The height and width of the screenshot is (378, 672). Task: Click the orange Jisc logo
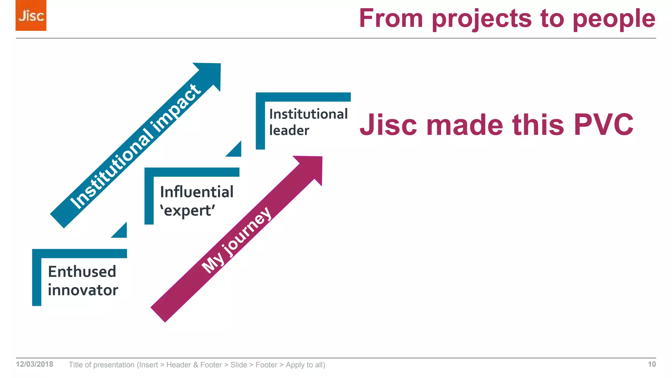tap(31, 15)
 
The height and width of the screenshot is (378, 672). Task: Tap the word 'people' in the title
tap(614, 19)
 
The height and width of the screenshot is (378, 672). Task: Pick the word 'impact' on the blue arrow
tap(177, 108)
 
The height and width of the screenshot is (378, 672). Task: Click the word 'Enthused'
tap(82, 272)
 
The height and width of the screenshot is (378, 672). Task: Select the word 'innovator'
tap(83, 290)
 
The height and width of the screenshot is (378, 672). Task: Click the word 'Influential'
tap(197, 192)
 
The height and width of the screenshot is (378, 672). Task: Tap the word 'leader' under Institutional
tap(289, 131)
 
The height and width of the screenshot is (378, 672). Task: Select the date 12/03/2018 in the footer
tap(34, 364)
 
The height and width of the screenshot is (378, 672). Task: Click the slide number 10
tap(652, 364)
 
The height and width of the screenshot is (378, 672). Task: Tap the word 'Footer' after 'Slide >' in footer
tap(266, 365)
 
